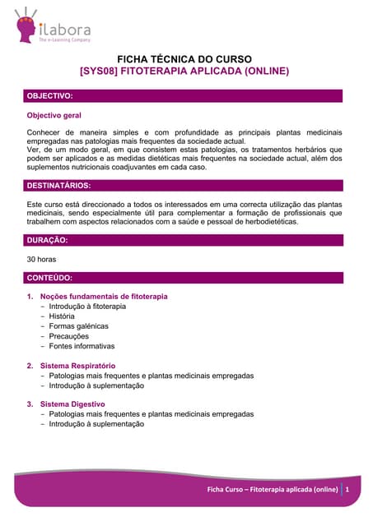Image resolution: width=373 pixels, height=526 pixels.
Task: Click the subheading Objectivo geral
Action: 54,116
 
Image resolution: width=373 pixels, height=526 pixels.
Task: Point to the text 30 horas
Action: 42,260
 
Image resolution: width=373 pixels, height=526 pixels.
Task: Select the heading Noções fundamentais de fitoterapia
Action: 104,296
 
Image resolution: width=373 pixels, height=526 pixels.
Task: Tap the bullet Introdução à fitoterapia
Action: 87,307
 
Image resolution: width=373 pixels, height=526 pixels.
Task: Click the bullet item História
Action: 62,316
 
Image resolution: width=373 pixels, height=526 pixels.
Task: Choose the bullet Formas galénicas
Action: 78,326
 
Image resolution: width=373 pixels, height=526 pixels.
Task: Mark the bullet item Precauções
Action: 68,336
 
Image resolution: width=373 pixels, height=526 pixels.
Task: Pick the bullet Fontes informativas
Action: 82,346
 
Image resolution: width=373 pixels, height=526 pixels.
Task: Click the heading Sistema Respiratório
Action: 77,366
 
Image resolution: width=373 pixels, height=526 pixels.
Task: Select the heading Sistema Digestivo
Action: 72,404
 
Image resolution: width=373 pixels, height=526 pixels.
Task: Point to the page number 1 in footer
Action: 348,490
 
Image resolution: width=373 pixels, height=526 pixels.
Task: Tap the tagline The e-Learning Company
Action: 65,39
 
